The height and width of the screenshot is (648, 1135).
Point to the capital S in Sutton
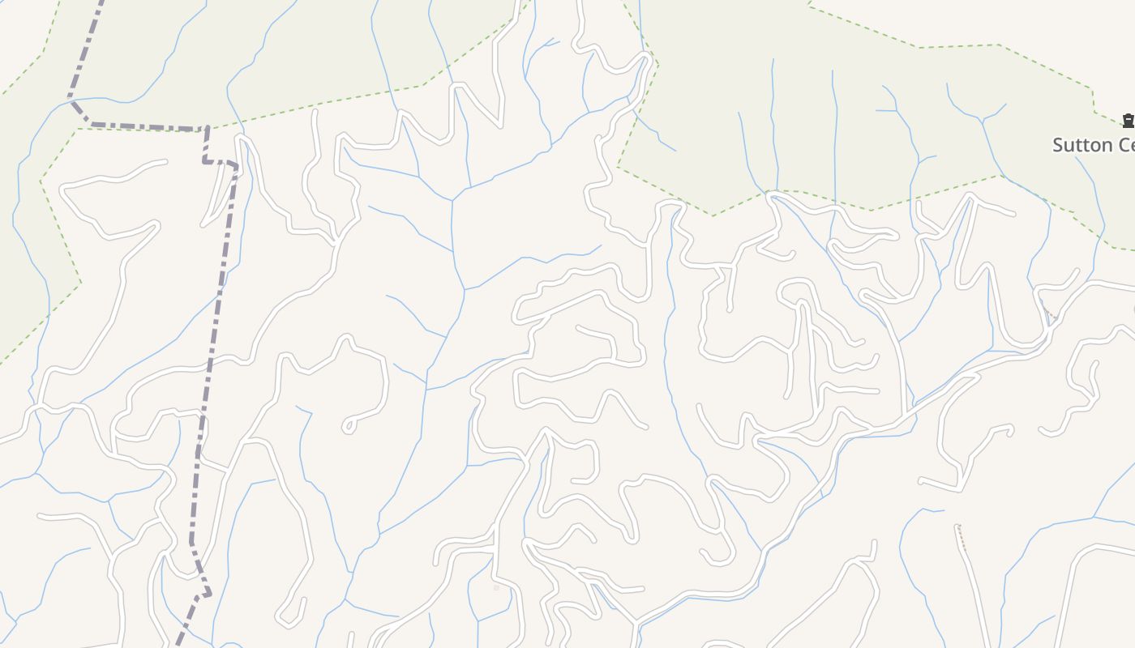pos(1058,145)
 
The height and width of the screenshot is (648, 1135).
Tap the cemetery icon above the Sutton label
pos(1128,122)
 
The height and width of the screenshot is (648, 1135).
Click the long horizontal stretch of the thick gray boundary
pos(146,127)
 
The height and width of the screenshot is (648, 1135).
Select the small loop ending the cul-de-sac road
pos(349,425)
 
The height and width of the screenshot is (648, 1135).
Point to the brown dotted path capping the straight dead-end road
pos(962,538)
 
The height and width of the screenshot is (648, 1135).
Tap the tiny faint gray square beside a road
pos(496,588)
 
